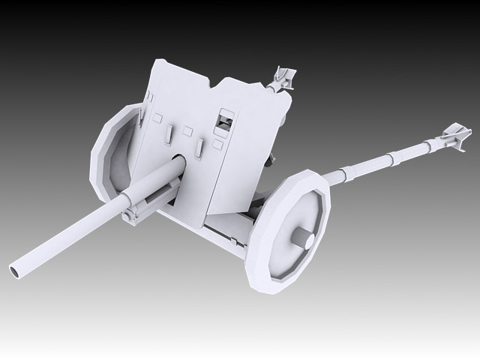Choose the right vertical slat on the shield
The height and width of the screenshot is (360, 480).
(199, 147)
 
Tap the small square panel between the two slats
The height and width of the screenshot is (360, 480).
(187, 131)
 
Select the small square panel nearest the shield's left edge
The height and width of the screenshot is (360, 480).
(157, 118)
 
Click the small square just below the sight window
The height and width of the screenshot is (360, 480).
(217, 144)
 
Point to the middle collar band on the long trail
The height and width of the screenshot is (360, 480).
(389, 159)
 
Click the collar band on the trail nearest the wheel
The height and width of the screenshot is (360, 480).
(341, 175)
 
